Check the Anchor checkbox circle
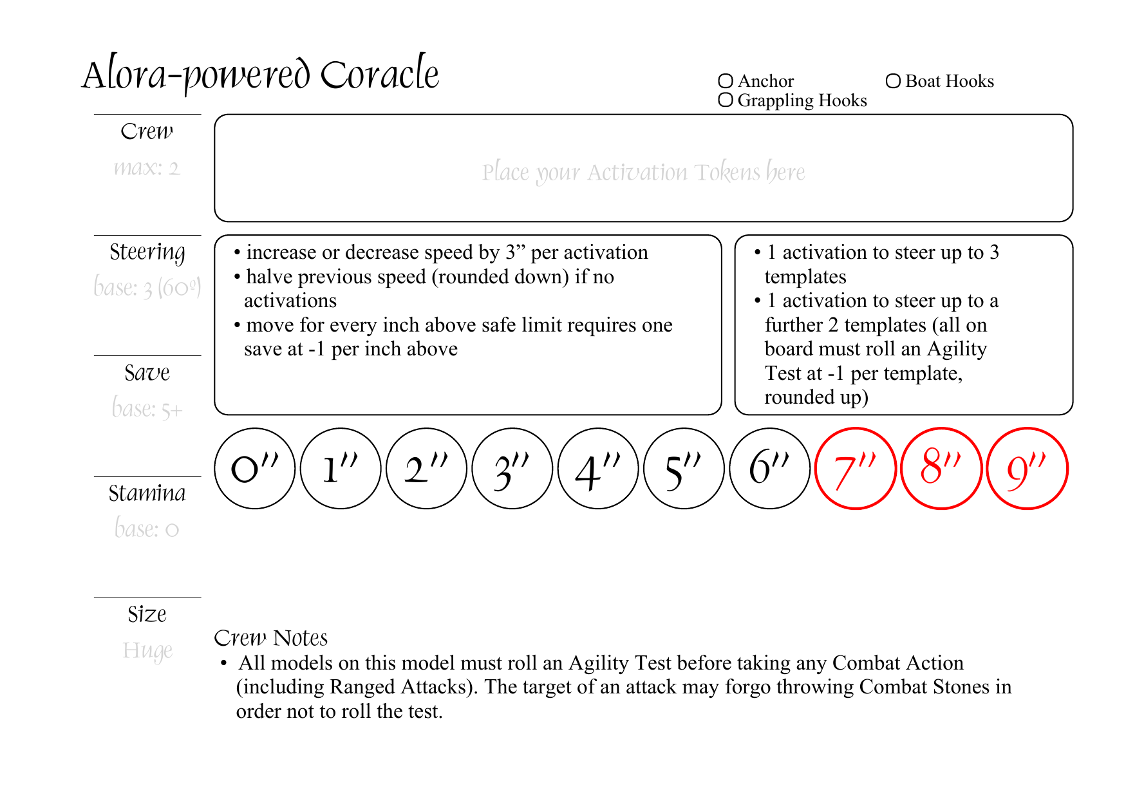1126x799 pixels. pos(726,81)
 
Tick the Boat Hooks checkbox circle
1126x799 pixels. pos(893,81)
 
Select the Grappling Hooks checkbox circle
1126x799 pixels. pos(726,100)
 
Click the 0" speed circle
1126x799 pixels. pos(254,469)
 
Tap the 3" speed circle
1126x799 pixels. pos(512,469)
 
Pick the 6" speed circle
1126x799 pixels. pos(770,469)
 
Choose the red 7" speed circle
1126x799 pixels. pos(856,469)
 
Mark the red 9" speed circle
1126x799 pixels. pos(1027,469)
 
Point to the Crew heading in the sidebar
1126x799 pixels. pos(147,131)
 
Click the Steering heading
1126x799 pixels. pos(147,252)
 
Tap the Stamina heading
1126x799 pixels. pos(147,493)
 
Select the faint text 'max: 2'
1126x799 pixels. pos(147,168)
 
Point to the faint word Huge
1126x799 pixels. pos(147,650)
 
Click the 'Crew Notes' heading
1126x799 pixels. pos(270,638)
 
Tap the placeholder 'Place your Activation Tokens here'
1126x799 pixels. pos(643,172)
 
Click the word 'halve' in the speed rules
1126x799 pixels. pos(268,277)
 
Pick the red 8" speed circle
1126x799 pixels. pos(941,469)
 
